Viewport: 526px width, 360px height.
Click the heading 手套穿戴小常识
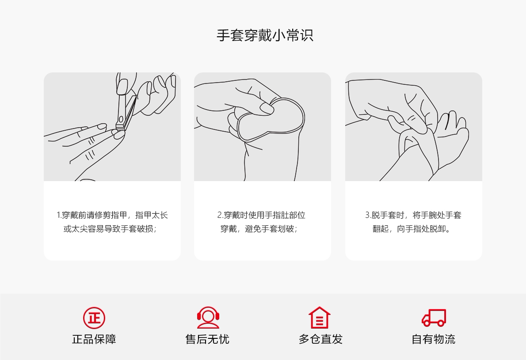tap(265, 35)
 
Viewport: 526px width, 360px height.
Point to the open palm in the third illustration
tap(454, 137)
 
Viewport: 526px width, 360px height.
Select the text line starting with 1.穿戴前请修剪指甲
tap(112, 215)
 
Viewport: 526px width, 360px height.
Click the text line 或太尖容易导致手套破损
tap(110, 229)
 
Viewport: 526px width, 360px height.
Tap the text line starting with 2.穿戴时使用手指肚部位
tap(261, 215)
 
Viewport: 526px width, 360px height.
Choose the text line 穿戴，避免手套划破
tap(259, 229)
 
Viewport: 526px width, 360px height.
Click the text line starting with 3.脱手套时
tap(413, 215)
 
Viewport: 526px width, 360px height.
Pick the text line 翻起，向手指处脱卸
tap(412, 229)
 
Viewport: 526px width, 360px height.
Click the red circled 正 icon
tap(94, 318)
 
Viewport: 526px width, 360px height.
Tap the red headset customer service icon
tap(208, 318)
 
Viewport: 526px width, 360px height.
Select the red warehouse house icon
tap(319, 318)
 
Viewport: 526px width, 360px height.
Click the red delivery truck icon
tap(434, 318)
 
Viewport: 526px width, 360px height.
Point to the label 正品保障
tap(94, 339)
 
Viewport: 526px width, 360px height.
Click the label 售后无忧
tap(207, 339)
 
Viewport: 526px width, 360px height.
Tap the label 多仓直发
tap(321, 339)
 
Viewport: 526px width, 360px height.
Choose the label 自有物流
tap(434, 339)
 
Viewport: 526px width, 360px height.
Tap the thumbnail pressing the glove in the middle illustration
tap(267, 108)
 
